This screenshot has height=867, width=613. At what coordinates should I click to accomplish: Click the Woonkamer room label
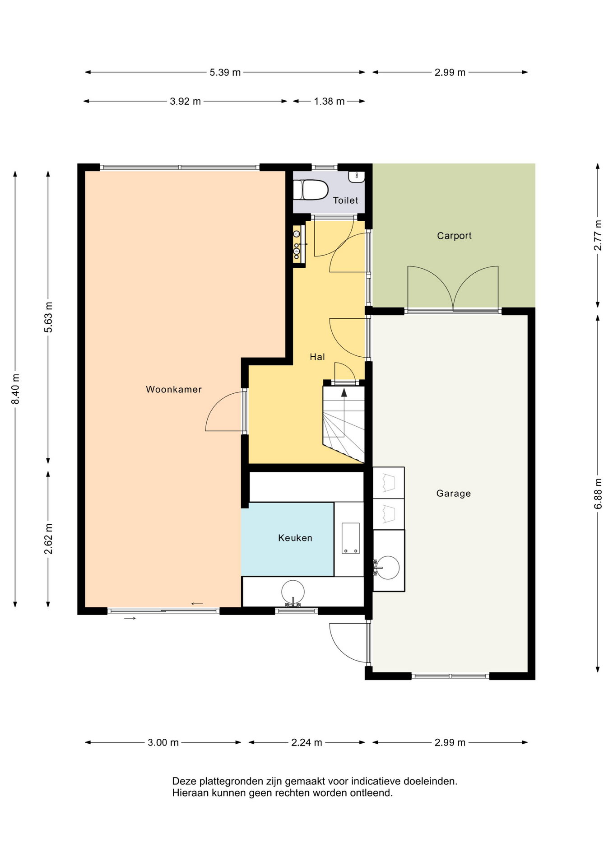pos(174,389)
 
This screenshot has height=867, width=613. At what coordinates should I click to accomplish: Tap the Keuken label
pos(295,538)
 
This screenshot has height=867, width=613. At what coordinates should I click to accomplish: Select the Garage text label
pos(454,494)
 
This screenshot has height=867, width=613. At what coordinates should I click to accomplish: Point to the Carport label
pos(454,236)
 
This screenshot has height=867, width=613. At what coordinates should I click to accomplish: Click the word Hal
pos(317,357)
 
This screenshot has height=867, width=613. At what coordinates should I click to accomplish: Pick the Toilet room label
pos(346,200)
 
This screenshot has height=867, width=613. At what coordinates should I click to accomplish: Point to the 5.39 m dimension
pos(225,72)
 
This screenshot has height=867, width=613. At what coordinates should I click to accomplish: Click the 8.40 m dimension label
pos(15,389)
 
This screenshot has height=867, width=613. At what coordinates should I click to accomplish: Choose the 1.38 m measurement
pos(329,101)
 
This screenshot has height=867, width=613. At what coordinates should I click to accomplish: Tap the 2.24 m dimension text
pos(306,742)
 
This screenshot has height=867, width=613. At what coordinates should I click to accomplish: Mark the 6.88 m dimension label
pos(598,494)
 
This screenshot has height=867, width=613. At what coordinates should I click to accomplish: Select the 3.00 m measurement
pos(163,742)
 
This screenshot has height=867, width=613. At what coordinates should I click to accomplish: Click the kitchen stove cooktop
pos(350,538)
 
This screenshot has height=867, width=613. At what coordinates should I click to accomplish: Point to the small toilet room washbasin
pos(357,176)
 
